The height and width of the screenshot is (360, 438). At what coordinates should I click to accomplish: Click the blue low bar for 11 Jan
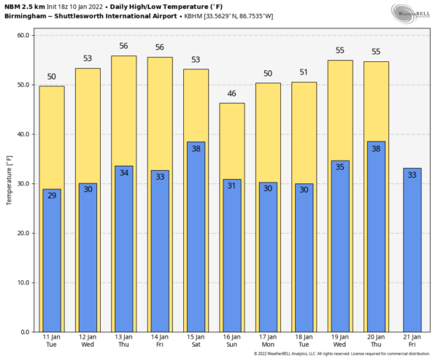[x=52, y=263]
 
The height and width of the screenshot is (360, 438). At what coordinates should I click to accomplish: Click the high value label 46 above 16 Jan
[x=231, y=94]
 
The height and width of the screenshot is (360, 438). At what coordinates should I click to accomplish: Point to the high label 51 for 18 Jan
[x=303, y=73]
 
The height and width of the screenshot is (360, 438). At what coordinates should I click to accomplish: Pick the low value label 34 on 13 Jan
[x=123, y=173]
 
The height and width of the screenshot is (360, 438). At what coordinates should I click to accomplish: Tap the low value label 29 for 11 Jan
[x=52, y=196]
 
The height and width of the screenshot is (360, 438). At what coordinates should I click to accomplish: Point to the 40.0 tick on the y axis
[x=22, y=134]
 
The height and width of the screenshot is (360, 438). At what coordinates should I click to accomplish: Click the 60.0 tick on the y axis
[x=22, y=35]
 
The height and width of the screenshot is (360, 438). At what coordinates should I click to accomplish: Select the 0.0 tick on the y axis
[x=23, y=332]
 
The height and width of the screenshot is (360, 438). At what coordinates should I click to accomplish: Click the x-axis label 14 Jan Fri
[x=160, y=340]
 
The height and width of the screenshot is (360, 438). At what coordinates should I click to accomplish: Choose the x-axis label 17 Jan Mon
[x=267, y=340]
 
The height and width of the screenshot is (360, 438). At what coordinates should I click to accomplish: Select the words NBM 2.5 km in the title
[x=25, y=6]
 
